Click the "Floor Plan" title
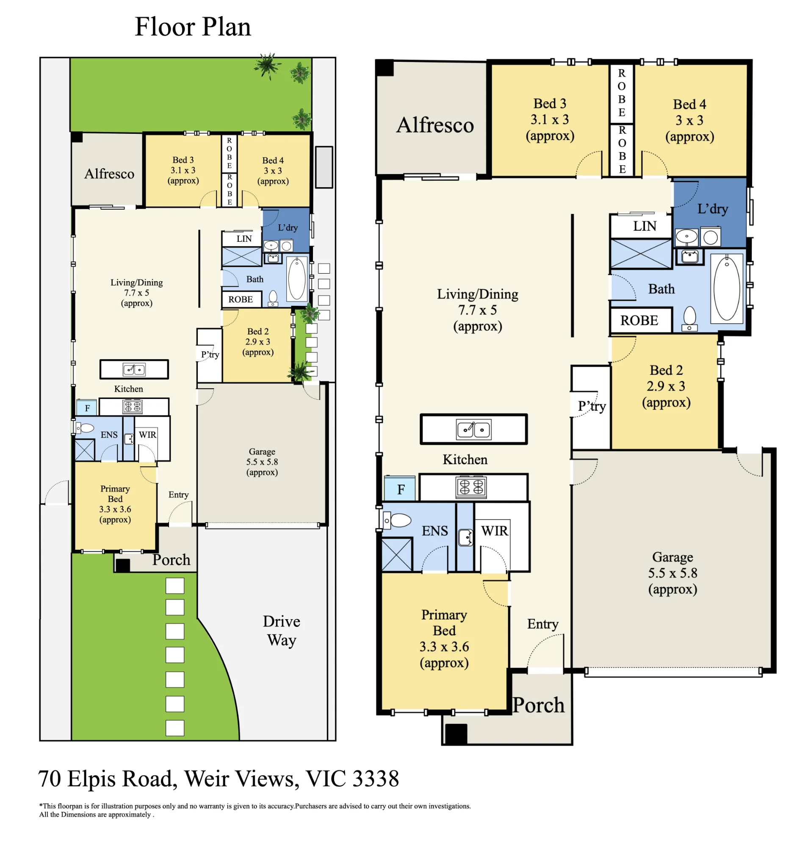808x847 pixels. [x=193, y=27]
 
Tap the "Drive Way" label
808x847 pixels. [x=281, y=630]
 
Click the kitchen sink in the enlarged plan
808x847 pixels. [x=473, y=429]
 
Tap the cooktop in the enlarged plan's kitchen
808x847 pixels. [x=471, y=487]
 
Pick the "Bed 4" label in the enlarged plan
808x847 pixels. [x=689, y=104]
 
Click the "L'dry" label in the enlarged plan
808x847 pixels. [x=712, y=208]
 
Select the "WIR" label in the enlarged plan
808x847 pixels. [x=495, y=530]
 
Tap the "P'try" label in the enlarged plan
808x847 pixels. [x=591, y=406]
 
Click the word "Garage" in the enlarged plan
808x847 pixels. [x=672, y=557]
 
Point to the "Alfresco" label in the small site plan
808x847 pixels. [x=109, y=174]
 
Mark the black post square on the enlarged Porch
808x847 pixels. [x=456, y=734]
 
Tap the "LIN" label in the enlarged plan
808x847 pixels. [x=645, y=226]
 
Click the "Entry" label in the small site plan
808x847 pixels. [x=178, y=495]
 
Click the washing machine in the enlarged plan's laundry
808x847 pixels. [x=710, y=237]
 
